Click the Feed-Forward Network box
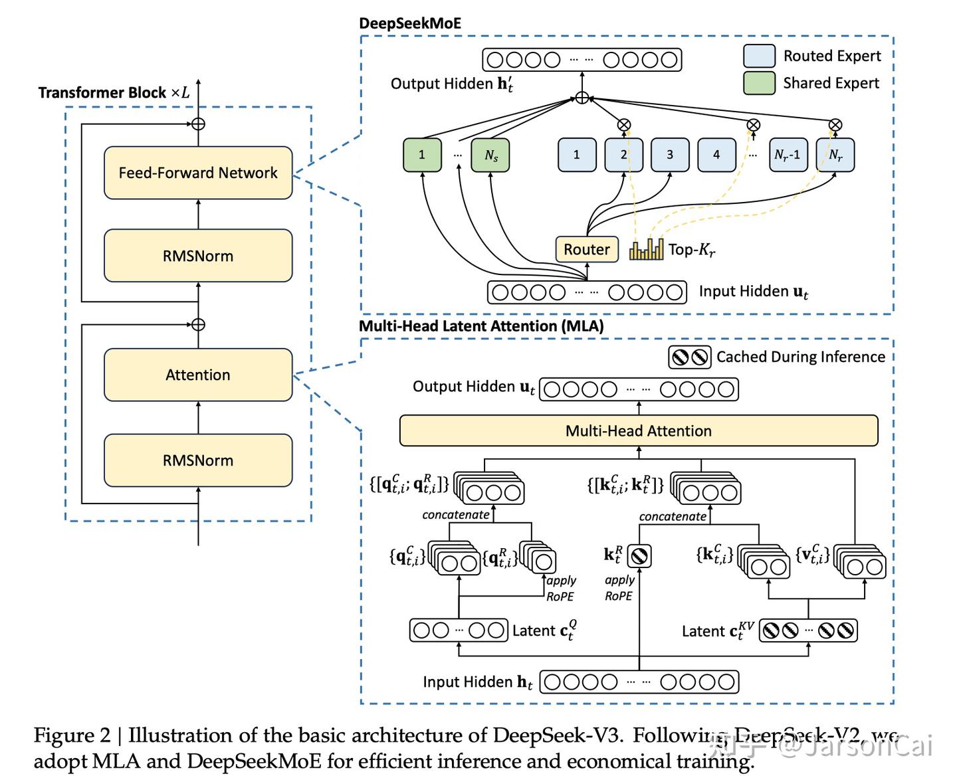(198, 173)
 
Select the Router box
(587, 249)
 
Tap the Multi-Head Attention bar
(638, 431)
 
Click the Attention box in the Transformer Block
(198, 375)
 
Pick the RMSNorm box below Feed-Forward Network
(198, 256)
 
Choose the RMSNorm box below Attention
(198, 460)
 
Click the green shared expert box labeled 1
(422, 155)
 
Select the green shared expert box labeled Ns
(490, 155)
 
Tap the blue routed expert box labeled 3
(670, 155)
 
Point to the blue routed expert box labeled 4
(716, 155)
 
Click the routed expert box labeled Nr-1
(788, 155)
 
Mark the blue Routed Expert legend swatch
(759, 56)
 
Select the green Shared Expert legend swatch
(759, 83)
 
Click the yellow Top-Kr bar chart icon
(646, 249)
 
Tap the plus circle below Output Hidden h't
(582, 98)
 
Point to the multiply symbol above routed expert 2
(623, 124)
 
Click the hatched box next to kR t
(639, 555)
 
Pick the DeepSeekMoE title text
(409, 23)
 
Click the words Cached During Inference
(800, 357)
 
